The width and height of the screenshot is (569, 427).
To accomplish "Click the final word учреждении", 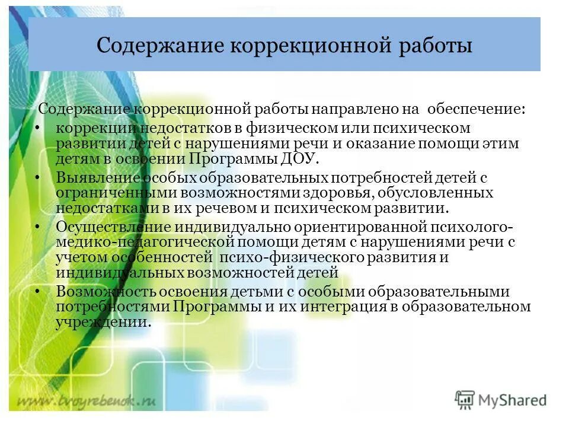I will pos(101,323).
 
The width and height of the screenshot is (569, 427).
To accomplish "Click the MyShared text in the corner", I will pos(513,400).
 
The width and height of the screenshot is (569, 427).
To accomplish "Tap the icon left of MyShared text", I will pos(465,400).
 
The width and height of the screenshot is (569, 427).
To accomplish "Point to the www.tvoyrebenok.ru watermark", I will pos(86,400).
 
